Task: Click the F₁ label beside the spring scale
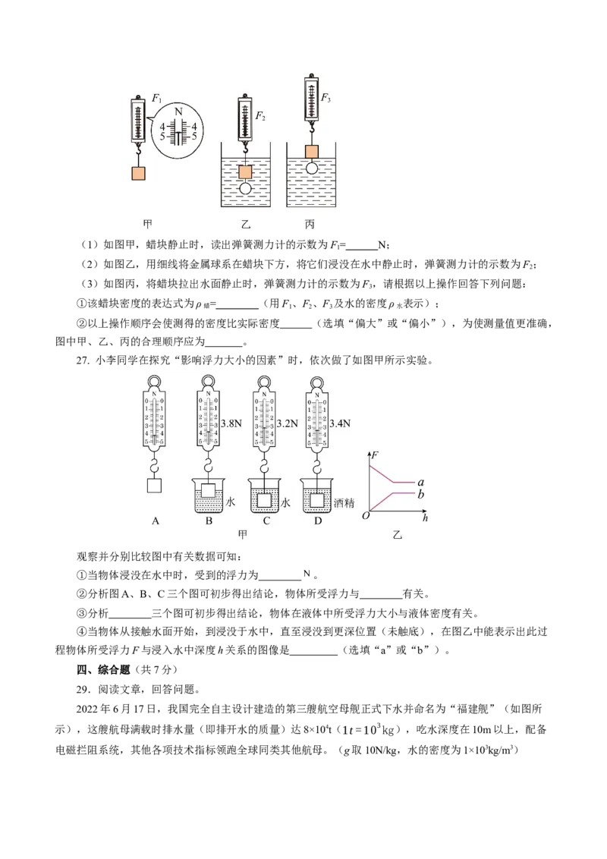[x=156, y=99]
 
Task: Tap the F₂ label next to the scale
[x=260, y=115]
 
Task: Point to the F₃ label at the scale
[x=326, y=98]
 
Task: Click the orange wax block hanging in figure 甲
[x=139, y=173]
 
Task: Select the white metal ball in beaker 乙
[x=245, y=188]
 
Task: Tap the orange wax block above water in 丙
[x=311, y=152]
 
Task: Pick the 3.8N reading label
[x=231, y=423]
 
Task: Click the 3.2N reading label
[x=287, y=423]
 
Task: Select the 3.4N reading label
[x=340, y=423]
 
